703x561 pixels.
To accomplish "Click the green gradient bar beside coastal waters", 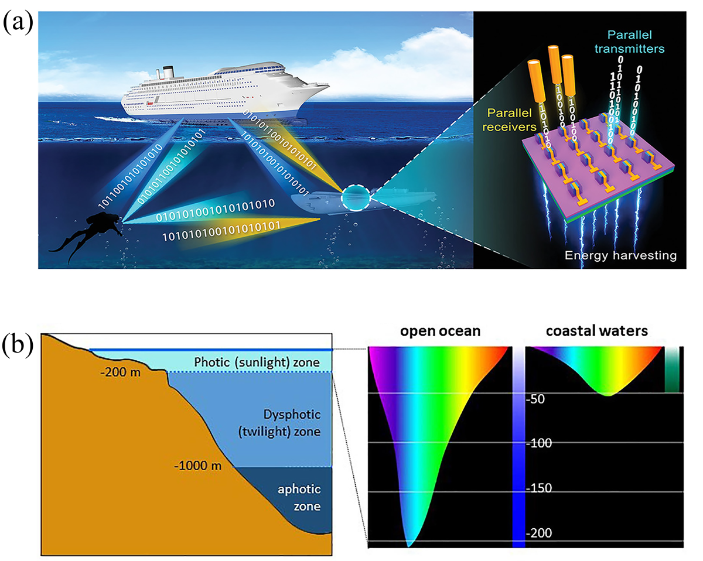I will pos(671,369).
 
